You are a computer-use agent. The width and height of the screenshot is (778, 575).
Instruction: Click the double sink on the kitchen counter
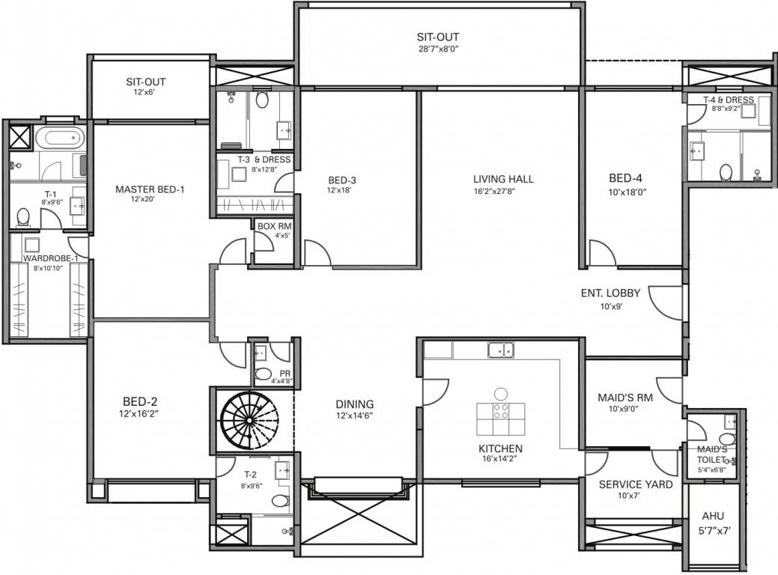tap(500, 349)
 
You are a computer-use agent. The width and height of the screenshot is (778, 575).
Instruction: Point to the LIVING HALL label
tap(503, 179)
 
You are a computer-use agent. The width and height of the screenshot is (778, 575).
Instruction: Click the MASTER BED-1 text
tap(150, 189)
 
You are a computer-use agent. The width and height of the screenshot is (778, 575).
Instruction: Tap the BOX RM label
tap(273, 225)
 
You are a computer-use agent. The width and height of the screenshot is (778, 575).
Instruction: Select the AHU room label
tap(713, 517)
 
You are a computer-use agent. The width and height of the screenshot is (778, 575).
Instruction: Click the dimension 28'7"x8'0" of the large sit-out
tap(438, 49)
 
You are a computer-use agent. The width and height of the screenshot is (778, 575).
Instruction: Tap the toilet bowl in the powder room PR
tap(264, 373)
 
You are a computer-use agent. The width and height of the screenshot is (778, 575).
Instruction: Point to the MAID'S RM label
tap(624, 398)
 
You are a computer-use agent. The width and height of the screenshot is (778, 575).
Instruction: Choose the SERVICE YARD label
tap(635, 484)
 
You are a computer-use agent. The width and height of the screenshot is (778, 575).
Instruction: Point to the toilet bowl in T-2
tap(279, 500)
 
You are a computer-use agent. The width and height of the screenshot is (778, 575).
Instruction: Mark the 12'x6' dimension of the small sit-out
tap(145, 93)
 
